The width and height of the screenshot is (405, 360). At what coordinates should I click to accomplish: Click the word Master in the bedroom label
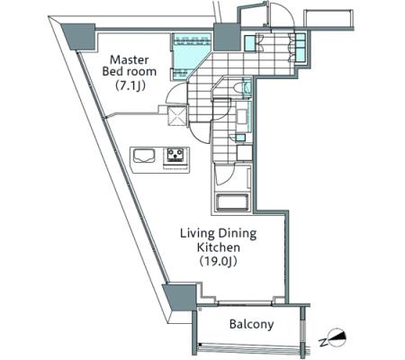tap(129, 59)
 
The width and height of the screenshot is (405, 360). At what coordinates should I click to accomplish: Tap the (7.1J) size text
tap(130, 86)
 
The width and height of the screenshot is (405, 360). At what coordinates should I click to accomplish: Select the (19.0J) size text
tap(219, 262)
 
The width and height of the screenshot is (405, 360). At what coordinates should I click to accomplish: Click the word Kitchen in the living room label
tap(219, 247)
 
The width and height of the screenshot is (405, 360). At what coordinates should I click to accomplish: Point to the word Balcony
tap(251, 324)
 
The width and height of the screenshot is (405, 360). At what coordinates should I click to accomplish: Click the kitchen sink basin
tap(144, 156)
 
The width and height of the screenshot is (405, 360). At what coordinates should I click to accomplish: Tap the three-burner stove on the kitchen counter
tap(175, 156)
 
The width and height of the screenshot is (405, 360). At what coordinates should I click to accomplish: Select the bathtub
tap(232, 202)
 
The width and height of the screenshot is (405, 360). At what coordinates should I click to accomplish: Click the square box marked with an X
tap(177, 115)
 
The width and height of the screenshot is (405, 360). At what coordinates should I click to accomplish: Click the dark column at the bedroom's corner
tap(78, 37)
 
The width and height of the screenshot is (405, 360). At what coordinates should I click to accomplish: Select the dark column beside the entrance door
tap(227, 36)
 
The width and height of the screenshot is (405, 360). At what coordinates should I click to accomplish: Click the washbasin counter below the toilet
tap(243, 116)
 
